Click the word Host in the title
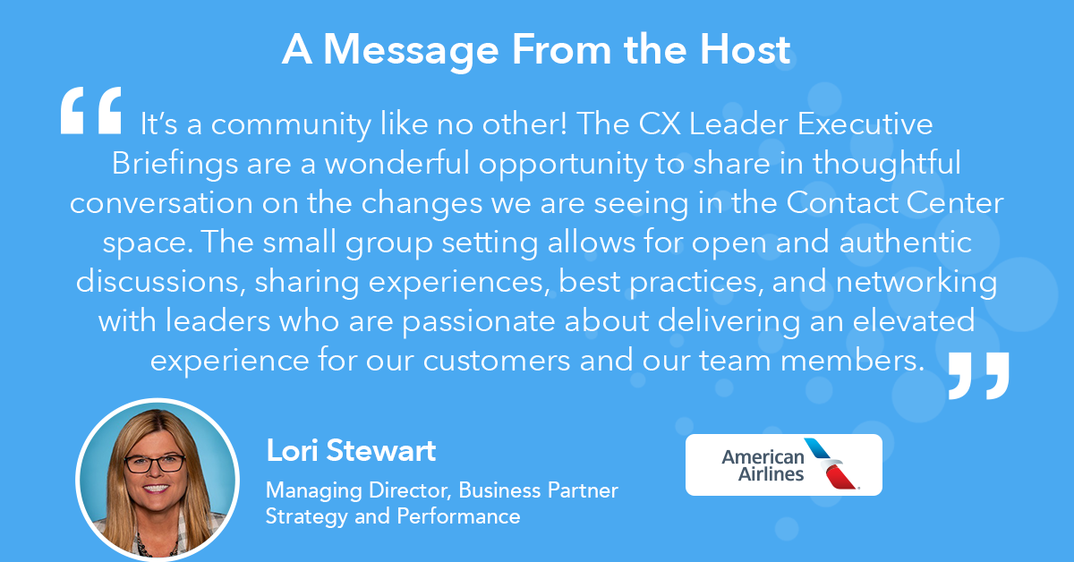tap(745, 49)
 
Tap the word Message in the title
tap(411, 51)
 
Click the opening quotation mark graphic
tap(91, 110)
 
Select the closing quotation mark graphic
tap(978, 376)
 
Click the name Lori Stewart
tap(351, 450)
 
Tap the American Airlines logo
tap(783, 464)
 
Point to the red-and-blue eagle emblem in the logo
tap(831, 464)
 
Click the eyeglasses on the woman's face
tap(155, 464)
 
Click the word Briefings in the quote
tap(175, 165)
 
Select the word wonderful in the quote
tap(397, 163)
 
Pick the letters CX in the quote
tap(660, 124)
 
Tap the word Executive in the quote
tap(865, 124)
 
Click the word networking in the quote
tap(916, 283)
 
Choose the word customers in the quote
tap(497, 361)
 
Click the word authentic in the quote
tap(905, 243)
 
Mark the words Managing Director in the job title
tap(358, 491)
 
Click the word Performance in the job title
tap(458, 516)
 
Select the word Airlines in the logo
tap(771, 474)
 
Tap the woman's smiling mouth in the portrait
tap(156, 488)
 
